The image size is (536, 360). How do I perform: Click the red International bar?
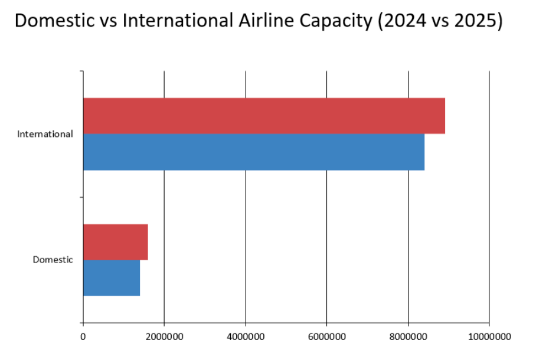click(263, 116)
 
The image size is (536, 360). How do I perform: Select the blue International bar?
click(253, 152)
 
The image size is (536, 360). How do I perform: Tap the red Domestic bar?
click(115, 242)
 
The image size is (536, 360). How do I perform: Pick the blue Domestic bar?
click(111, 278)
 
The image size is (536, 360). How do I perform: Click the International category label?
click(45, 134)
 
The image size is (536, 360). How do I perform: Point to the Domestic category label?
click(53, 260)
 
